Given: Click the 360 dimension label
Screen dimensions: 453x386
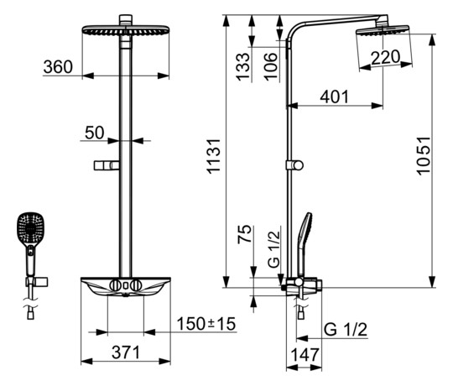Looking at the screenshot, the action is [x=58, y=67].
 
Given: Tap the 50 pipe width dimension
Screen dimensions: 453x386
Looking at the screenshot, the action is [x=95, y=133].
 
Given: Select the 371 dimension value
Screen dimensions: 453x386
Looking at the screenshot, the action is [x=126, y=352].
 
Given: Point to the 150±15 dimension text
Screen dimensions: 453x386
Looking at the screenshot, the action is [x=206, y=324].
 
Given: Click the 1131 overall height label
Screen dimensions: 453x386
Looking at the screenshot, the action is [x=214, y=156].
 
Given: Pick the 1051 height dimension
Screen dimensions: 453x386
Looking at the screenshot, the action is [x=424, y=156].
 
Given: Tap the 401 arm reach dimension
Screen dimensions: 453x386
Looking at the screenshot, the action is [x=334, y=96].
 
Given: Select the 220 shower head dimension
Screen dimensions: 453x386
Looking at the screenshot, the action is [x=386, y=58].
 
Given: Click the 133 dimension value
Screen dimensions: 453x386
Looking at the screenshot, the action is [x=242, y=67].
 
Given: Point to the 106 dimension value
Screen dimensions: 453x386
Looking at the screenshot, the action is [x=271, y=67].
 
